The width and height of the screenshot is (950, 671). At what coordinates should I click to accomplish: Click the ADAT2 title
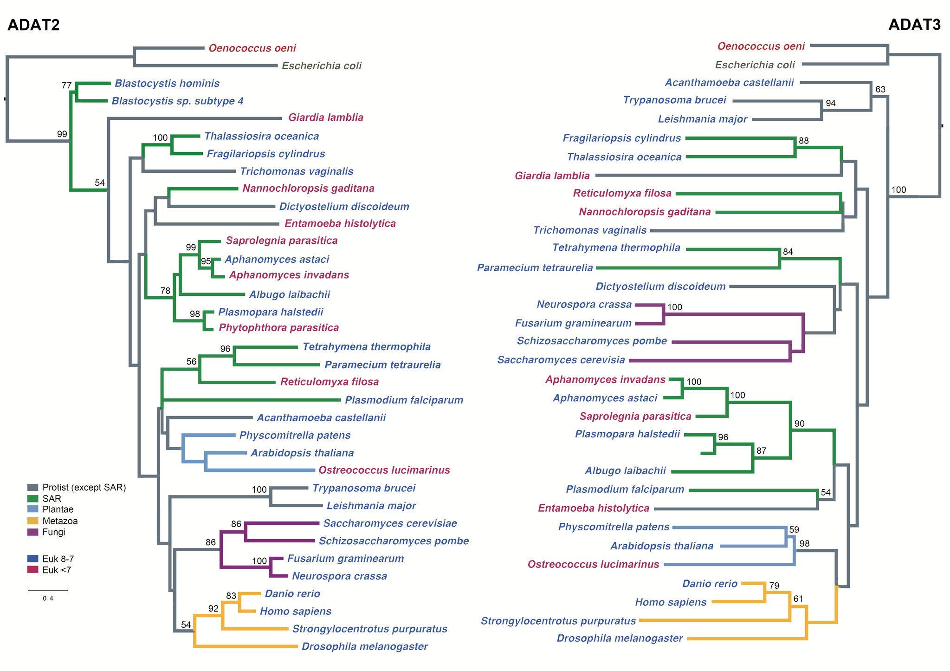pyautogui.click(x=33, y=25)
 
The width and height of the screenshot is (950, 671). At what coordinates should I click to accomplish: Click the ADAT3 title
pyautogui.click(x=914, y=25)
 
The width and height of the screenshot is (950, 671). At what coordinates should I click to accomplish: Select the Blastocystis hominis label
pyautogui.click(x=167, y=84)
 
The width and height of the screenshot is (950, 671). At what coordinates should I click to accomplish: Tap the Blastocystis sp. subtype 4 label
pyautogui.click(x=177, y=101)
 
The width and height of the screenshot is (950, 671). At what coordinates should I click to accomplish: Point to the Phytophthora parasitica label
pyautogui.click(x=278, y=328)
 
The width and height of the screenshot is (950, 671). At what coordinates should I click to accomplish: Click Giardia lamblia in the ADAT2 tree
pyautogui.click(x=325, y=117)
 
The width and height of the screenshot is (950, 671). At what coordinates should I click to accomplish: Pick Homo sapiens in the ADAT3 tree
pyautogui.click(x=671, y=602)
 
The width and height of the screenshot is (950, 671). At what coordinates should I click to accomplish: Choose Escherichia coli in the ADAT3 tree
pyautogui.click(x=755, y=65)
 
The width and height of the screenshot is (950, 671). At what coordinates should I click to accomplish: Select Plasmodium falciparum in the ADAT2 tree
pyautogui.click(x=404, y=400)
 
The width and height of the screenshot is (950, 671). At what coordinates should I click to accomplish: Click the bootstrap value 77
pyautogui.click(x=67, y=85)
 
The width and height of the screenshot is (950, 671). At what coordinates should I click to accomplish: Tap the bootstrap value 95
pyautogui.click(x=206, y=262)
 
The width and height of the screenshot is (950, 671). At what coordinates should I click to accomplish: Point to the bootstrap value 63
pyautogui.click(x=880, y=90)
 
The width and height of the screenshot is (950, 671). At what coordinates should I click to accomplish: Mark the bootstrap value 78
pyautogui.click(x=165, y=291)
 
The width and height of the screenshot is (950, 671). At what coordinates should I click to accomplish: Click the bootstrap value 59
pyautogui.click(x=794, y=530)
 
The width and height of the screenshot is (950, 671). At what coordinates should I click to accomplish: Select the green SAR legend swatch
pyautogui.click(x=32, y=499)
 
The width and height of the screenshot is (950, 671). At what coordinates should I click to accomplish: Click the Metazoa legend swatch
pyautogui.click(x=32, y=521)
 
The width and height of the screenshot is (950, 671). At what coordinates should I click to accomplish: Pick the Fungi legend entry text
pyautogui.click(x=53, y=532)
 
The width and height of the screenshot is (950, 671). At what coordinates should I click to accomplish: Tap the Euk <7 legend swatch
pyautogui.click(x=32, y=570)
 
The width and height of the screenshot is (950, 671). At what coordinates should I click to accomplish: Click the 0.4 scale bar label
pyautogui.click(x=48, y=599)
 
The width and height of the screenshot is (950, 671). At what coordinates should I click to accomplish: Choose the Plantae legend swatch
pyautogui.click(x=32, y=510)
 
